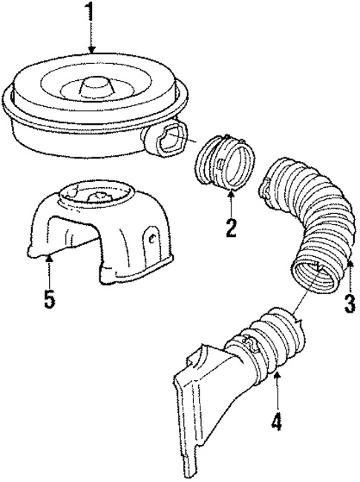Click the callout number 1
93,14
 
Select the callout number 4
275,422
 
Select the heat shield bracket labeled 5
96,238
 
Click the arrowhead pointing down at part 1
93,50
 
